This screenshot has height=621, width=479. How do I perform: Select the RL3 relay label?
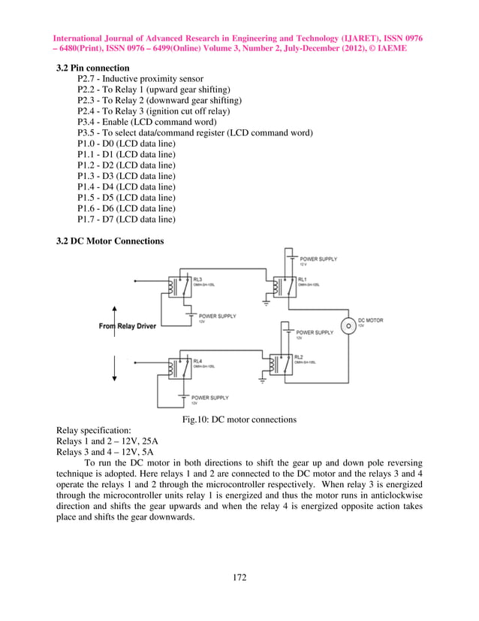(x=197, y=278)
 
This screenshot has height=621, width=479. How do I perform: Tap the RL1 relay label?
(x=303, y=279)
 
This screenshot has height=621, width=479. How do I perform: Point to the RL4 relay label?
(x=197, y=361)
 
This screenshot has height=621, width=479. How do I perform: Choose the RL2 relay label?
(x=299, y=356)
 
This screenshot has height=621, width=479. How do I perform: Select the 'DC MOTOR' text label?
(x=371, y=320)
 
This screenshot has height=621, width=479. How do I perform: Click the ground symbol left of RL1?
(x=266, y=304)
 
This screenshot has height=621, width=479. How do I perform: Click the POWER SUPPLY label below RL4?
(x=210, y=397)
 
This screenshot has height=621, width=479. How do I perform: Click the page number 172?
(x=239, y=577)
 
